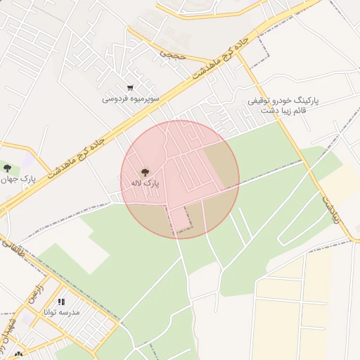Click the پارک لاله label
[x=145, y=183]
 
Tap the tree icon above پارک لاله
[x=146, y=171]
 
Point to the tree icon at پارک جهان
[x=7, y=168]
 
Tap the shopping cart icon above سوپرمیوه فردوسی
[x=131, y=88]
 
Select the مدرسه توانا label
[x=61, y=311]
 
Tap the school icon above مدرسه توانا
[x=60, y=301]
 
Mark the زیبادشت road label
[x=331, y=209]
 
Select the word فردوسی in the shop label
[x=116, y=98]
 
